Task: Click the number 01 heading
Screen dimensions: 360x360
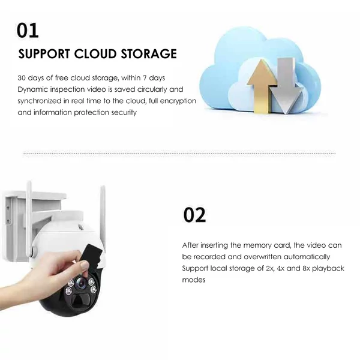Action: coord(28,31)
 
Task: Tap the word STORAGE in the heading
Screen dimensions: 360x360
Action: coord(149,54)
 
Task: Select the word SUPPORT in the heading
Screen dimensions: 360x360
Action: coord(44,54)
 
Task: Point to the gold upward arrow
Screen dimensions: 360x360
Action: coord(262,86)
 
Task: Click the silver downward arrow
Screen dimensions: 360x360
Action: coord(286,85)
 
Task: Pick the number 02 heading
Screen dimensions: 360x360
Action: coord(194,215)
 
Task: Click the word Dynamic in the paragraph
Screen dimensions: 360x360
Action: coord(32,89)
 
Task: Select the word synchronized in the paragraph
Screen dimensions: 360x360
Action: coord(40,101)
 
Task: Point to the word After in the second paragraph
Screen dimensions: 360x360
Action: coord(190,245)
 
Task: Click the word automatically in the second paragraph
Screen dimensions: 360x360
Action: coord(307,257)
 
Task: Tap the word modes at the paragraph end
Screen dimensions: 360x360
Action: coord(194,280)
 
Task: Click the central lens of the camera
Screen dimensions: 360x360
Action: coord(80,284)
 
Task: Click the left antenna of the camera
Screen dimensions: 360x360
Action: coord(29,219)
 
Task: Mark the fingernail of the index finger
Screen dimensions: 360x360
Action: coord(84,265)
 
